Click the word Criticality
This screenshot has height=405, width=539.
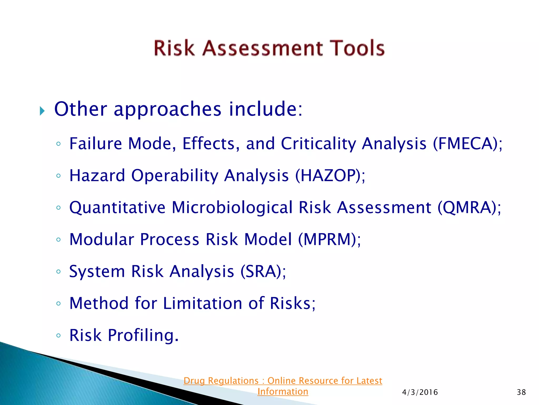(x=318, y=144)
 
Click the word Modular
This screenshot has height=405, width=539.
(x=102, y=240)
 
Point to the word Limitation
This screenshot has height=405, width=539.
(x=202, y=303)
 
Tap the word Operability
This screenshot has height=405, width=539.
(x=175, y=176)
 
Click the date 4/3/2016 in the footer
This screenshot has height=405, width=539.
(x=420, y=392)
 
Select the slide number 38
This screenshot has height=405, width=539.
(x=521, y=392)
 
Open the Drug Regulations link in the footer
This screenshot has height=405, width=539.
(x=283, y=381)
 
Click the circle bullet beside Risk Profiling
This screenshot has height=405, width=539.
(x=58, y=335)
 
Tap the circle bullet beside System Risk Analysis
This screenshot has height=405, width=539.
(x=58, y=272)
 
